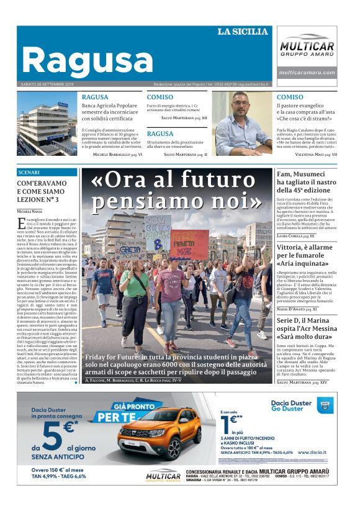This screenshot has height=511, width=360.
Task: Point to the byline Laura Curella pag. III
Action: coord(295,236)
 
